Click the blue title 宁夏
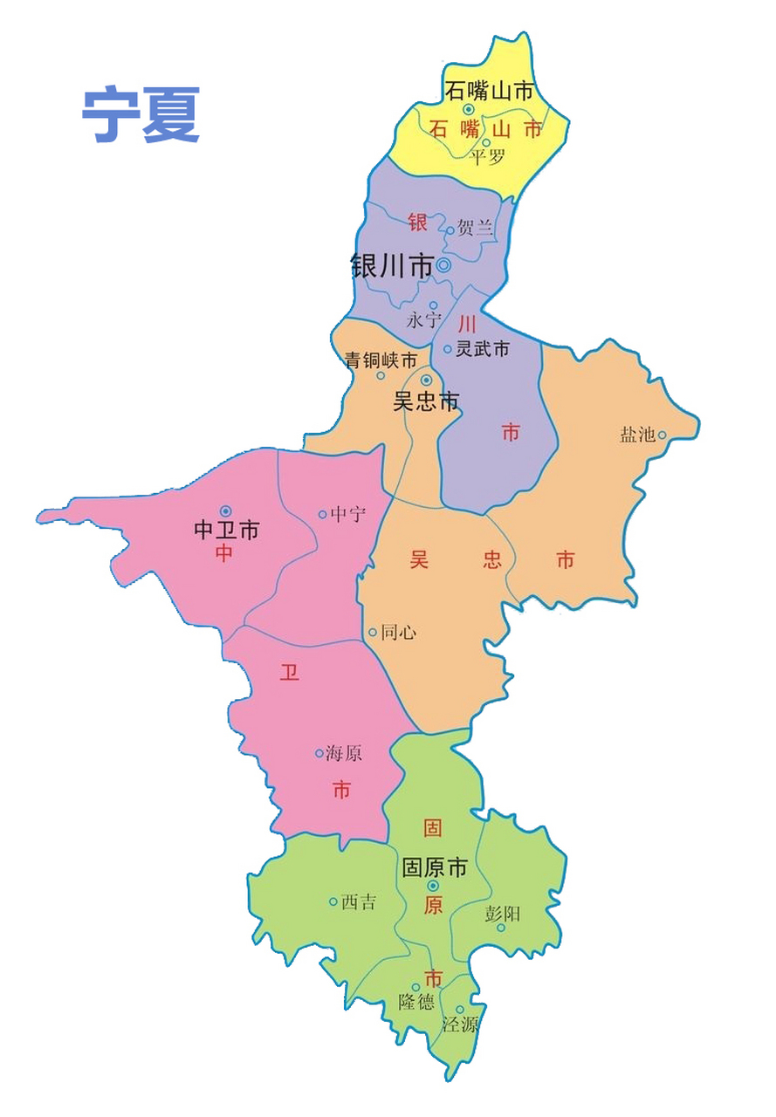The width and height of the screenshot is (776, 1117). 141,114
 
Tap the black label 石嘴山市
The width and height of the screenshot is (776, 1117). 489,91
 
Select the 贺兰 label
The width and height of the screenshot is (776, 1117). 475,230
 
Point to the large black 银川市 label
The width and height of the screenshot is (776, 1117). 393,265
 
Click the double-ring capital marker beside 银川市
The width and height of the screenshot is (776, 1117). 443,265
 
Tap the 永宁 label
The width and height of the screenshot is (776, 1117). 424,320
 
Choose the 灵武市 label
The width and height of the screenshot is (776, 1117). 483,350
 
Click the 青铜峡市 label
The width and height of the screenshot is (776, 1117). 381,360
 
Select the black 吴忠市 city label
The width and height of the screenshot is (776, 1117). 426,402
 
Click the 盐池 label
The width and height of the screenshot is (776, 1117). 637,435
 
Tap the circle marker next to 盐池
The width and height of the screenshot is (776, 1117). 663,435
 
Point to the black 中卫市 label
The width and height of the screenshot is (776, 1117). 226,530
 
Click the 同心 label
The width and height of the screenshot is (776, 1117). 399,633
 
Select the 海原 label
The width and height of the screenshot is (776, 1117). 344,753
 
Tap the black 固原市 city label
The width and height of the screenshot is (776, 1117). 434,868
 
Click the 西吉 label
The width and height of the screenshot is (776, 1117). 359,902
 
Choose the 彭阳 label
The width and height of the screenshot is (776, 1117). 502,914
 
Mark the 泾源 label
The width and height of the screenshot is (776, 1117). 460,1025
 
